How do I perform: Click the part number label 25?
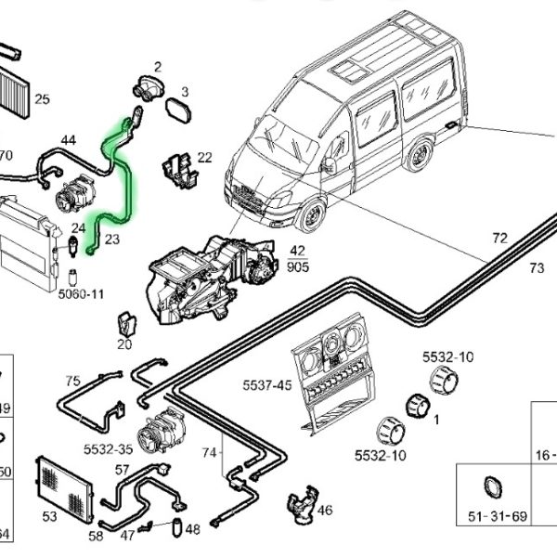(43, 99)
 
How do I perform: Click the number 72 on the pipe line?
(499, 239)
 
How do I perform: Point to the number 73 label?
(536, 268)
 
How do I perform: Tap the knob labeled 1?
(415, 406)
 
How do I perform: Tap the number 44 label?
(68, 140)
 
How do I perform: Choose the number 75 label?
(72, 381)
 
